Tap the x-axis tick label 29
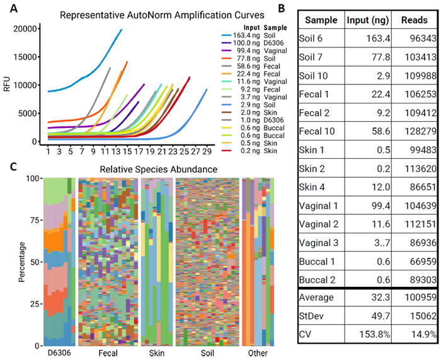click(207, 153)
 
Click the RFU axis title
click(8, 86)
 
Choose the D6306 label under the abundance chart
click(59, 354)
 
